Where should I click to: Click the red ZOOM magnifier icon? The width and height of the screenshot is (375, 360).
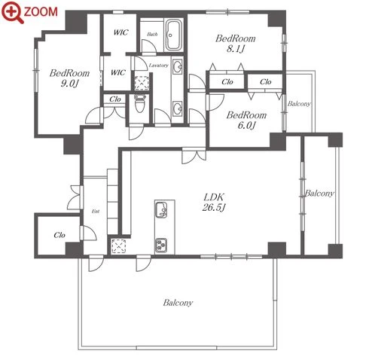click(x=13, y=12)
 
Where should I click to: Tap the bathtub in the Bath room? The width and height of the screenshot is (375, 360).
click(x=173, y=35)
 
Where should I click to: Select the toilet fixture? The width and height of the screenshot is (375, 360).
click(x=139, y=104)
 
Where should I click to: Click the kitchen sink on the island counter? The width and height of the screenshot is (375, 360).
click(x=161, y=209)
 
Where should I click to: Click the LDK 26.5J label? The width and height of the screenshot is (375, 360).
click(x=214, y=203)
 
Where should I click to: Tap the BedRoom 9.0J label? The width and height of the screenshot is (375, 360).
click(x=69, y=78)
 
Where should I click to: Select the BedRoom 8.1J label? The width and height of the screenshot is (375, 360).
click(x=236, y=44)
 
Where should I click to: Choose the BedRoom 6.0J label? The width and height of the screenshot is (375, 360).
click(x=246, y=120)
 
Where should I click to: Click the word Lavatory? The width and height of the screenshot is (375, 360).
click(x=158, y=66)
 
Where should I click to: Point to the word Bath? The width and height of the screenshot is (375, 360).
click(x=152, y=34)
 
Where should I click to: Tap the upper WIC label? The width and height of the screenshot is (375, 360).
click(x=120, y=32)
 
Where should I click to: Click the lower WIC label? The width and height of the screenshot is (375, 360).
click(x=118, y=72)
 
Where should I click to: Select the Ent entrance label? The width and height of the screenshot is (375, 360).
click(x=96, y=212)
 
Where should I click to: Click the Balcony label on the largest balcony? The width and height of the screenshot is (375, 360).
click(x=178, y=303)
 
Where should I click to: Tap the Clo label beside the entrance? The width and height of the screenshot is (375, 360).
click(x=59, y=235)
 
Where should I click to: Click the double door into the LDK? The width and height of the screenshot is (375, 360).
click(x=194, y=156)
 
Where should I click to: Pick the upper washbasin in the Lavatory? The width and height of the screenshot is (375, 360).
click(x=178, y=67)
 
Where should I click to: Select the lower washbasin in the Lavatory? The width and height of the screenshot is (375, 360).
click(x=178, y=109)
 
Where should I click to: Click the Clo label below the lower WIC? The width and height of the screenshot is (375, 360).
click(x=115, y=99)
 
